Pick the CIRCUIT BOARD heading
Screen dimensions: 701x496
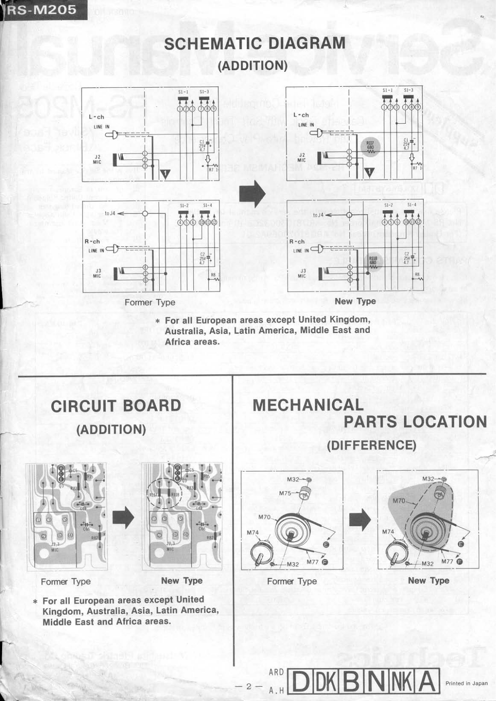coord(116,406)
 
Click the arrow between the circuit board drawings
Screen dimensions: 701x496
coord(123,519)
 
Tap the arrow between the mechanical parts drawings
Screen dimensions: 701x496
coord(360,520)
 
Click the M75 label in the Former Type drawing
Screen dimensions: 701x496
coord(285,493)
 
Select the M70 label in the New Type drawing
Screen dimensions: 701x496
coord(399,501)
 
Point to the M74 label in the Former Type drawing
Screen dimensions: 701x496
coord(253,533)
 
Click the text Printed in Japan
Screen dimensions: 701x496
coord(466,683)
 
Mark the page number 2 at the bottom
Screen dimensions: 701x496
coord(248,687)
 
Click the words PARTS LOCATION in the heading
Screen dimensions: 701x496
coord(415,422)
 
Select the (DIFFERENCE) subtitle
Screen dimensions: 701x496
coord(371,445)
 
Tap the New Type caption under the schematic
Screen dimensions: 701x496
coord(355,301)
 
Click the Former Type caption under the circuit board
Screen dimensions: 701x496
coord(66,582)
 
